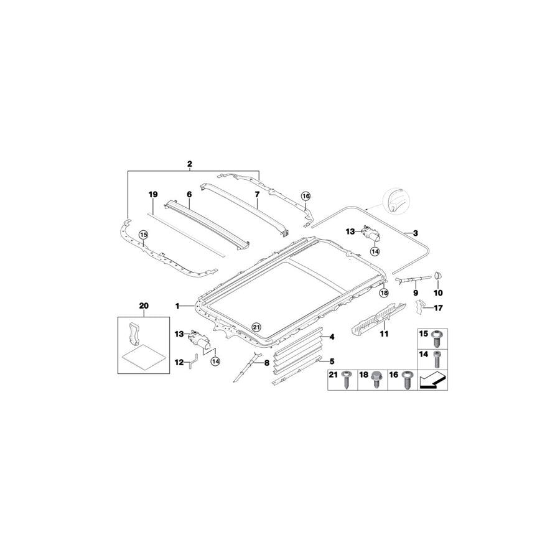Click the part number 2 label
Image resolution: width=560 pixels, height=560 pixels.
pyautogui.click(x=190, y=164)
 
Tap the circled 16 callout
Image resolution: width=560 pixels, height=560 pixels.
pyautogui.click(x=306, y=196)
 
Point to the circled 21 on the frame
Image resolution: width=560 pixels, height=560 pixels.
pyautogui.click(x=256, y=326)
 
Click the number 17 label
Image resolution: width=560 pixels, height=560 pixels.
pyautogui.click(x=438, y=307)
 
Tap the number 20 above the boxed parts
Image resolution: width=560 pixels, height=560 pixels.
pyautogui.click(x=144, y=306)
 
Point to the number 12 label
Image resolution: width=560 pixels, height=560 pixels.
pyautogui.click(x=179, y=362)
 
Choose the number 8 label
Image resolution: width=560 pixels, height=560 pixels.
pyautogui.click(x=268, y=362)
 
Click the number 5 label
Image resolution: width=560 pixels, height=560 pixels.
pyautogui.click(x=332, y=361)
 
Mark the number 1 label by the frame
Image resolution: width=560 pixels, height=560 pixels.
pyautogui.click(x=178, y=306)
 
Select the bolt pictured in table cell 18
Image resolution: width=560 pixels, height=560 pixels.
pyautogui.click(x=376, y=379)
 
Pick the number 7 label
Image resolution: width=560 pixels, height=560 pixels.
pyautogui.click(x=256, y=194)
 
